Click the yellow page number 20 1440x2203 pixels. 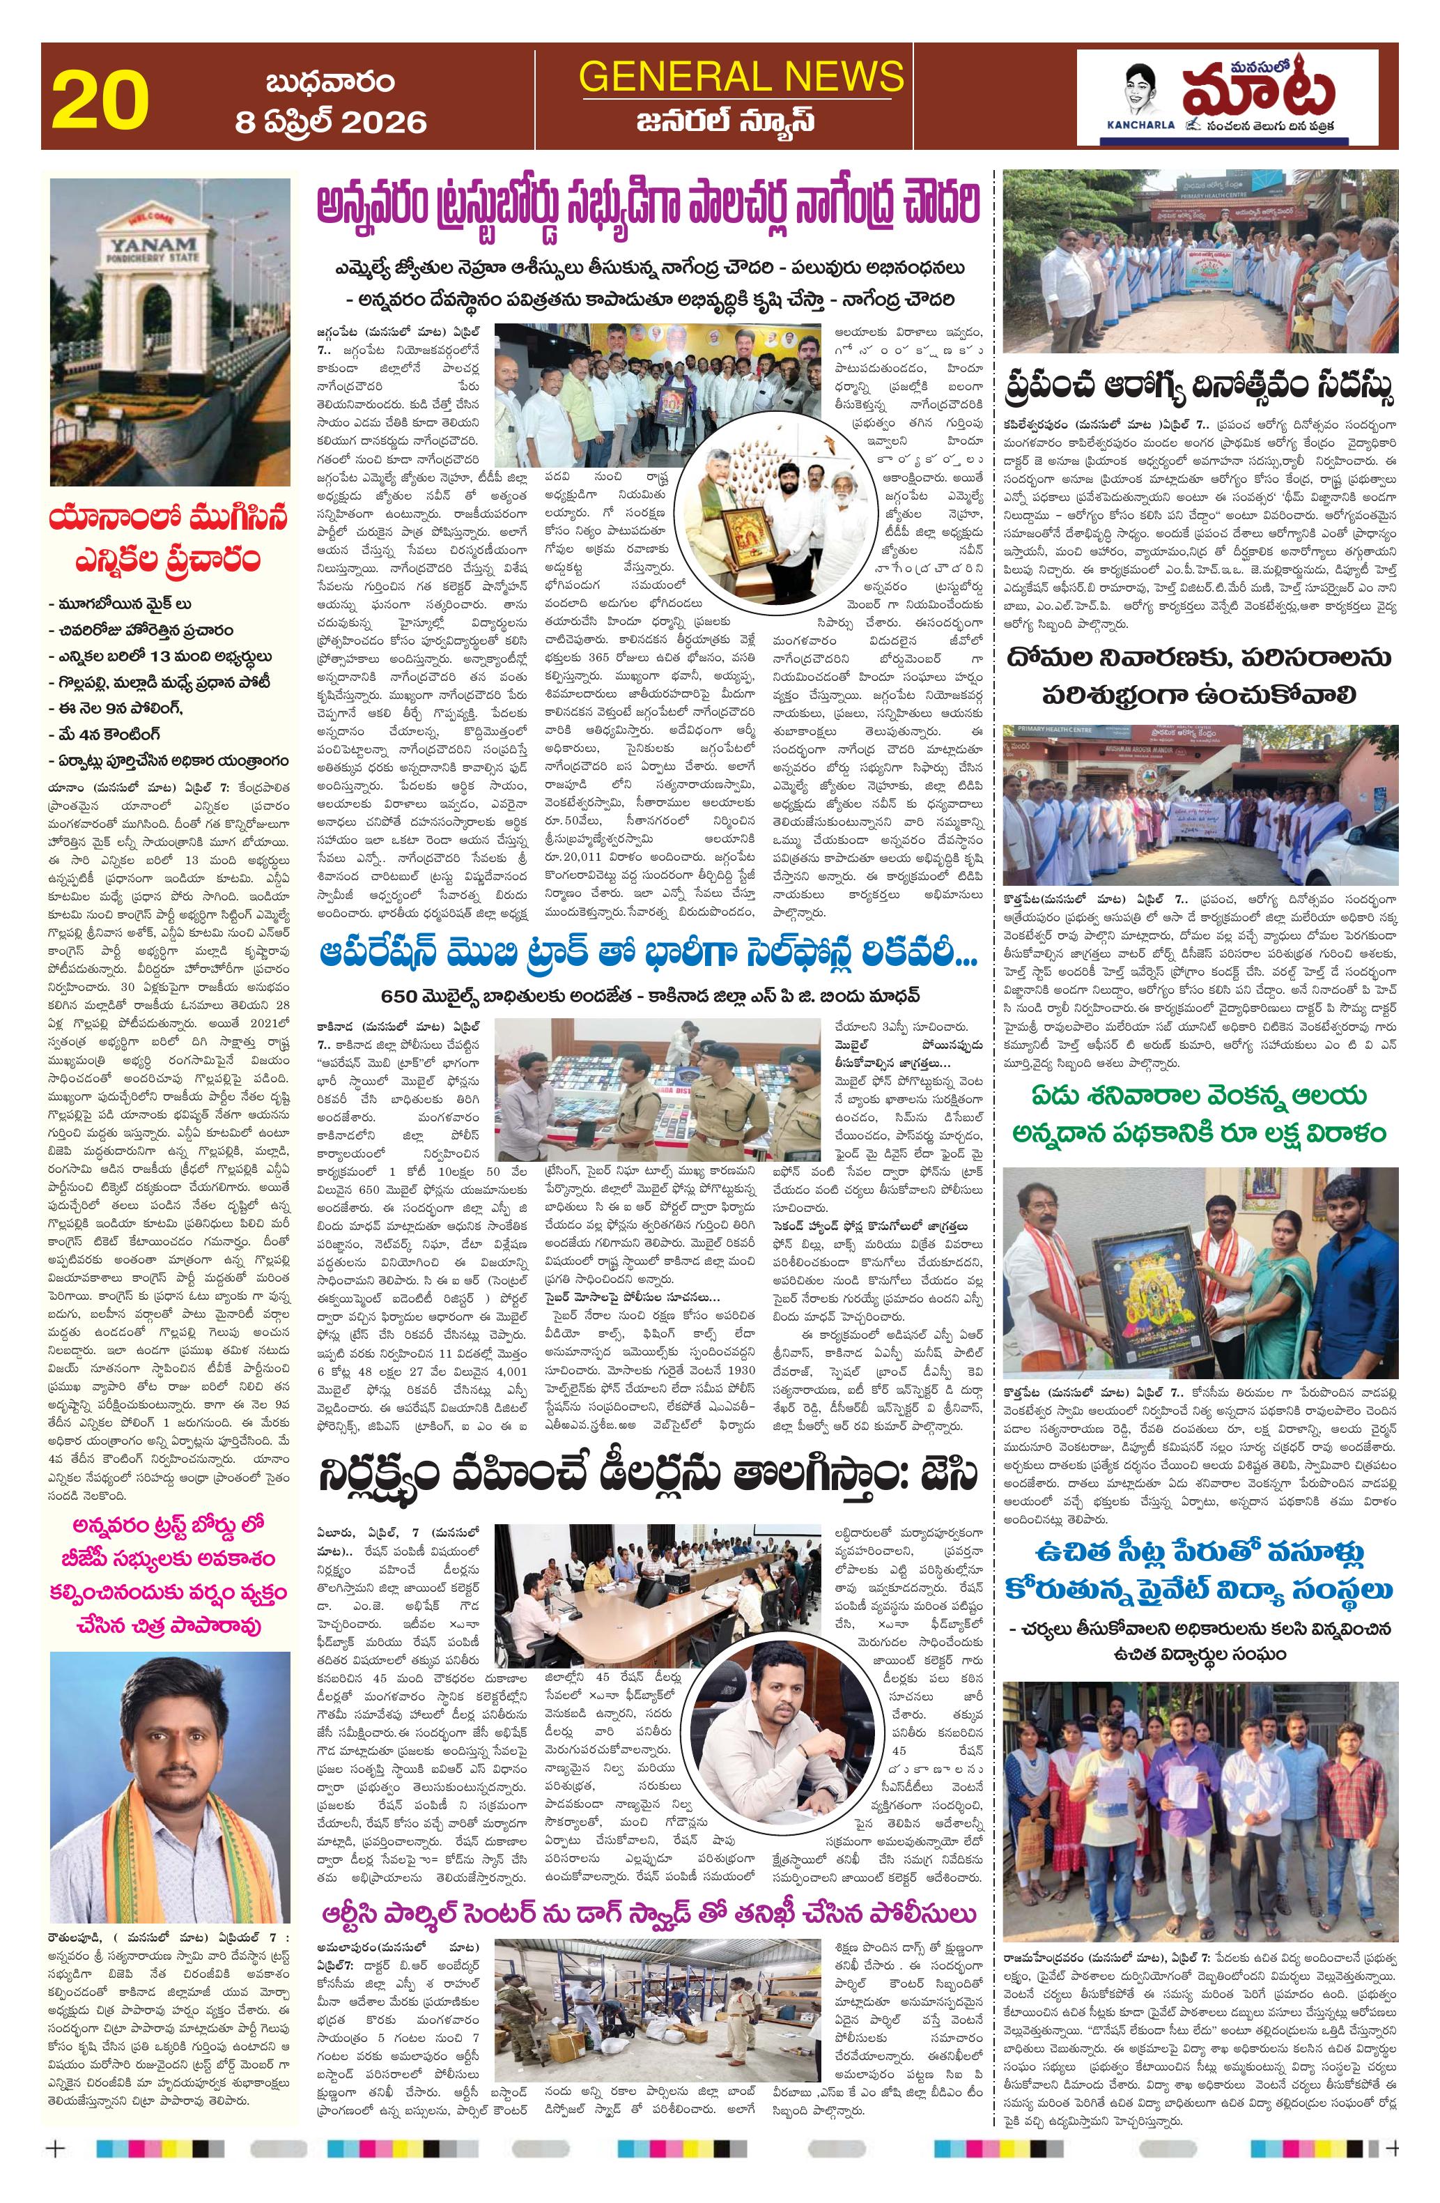[101, 105]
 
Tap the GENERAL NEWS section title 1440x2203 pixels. [741, 76]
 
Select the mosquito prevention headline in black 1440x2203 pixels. [1200, 674]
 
